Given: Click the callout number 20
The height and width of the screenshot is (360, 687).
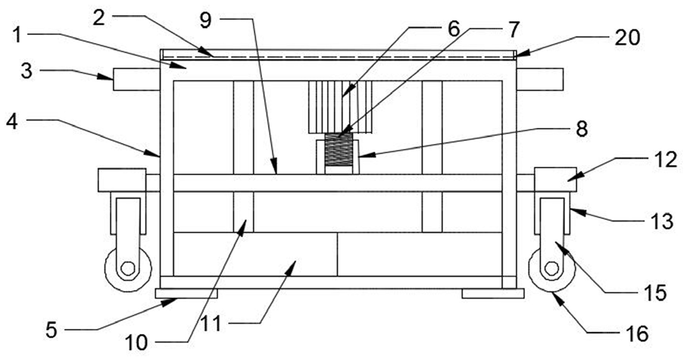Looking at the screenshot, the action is [x=627, y=38].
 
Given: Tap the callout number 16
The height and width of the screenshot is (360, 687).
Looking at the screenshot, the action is [x=637, y=334].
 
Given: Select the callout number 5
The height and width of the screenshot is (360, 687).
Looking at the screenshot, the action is [x=52, y=330].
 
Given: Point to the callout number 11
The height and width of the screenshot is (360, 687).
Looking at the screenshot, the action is [x=211, y=325].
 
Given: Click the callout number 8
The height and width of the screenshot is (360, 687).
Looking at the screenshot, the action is [x=582, y=130].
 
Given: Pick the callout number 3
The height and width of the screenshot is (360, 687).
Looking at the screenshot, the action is [x=27, y=70].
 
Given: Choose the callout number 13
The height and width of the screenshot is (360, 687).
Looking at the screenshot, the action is [x=661, y=221].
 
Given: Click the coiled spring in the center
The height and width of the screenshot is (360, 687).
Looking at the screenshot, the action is [x=338, y=149].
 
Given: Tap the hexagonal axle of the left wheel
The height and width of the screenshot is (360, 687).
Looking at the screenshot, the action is [x=127, y=268].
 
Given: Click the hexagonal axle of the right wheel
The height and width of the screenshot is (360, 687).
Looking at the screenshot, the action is [x=551, y=268].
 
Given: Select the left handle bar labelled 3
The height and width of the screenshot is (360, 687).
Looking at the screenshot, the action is [x=136, y=80].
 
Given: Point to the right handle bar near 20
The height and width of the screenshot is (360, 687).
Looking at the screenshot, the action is [x=540, y=80].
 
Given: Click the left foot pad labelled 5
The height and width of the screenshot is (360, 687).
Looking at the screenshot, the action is [x=186, y=293].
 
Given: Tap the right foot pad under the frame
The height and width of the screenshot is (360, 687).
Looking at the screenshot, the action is [x=493, y=293].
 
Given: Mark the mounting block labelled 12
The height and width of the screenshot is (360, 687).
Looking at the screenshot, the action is [x=555, y=180].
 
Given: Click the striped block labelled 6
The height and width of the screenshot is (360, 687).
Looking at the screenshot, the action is [x=340, y=107].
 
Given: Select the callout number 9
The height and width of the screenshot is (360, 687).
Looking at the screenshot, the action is [x=206, y=21].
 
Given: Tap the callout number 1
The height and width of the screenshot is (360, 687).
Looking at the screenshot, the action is [x=17, y=36].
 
